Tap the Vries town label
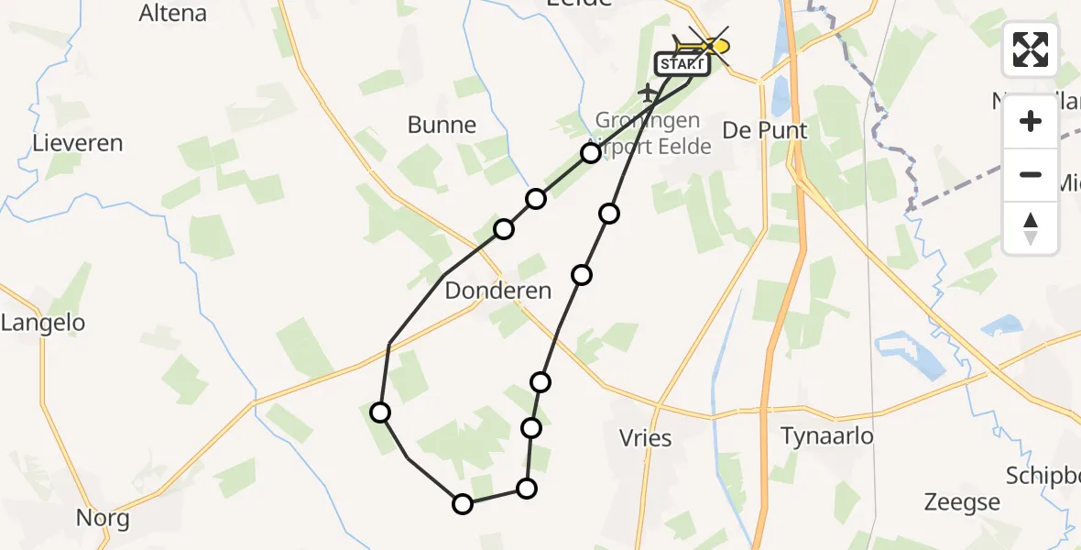(646, 437)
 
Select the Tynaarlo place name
(826, 435)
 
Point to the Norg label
(102, 518)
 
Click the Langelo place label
(43, 323)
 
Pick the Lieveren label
(77, 143)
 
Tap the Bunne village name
(442, 125)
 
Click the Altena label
(172, 13)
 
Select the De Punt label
(765, 130)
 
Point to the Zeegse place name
(961, 502)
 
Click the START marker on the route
(681, 64)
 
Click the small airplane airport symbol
(648, 93)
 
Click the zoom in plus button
(1031, 121)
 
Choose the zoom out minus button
(1031, 174)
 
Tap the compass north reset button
(1031, 227)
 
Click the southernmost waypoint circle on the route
(463, 503)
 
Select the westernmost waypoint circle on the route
(379, 412)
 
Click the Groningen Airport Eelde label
(649, 133)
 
